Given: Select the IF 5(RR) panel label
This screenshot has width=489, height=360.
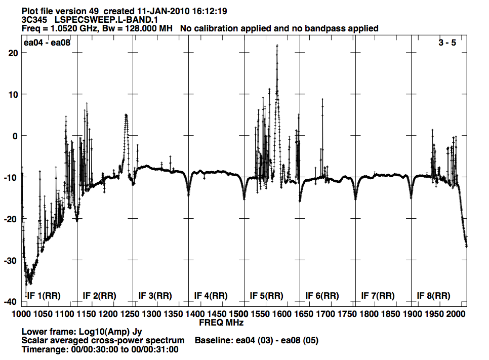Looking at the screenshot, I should pos(267,296).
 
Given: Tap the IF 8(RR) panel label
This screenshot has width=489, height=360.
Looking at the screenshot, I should pos(434,296).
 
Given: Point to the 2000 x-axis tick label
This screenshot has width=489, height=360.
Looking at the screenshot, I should pos(455,314).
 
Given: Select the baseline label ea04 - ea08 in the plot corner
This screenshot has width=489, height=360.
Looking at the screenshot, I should pos(47,43).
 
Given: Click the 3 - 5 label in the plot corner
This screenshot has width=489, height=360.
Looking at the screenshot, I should pos(447,43).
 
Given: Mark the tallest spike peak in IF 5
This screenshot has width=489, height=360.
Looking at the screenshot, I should pos(277,45).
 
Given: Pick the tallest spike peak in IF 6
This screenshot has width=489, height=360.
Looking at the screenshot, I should pos(322,99).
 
